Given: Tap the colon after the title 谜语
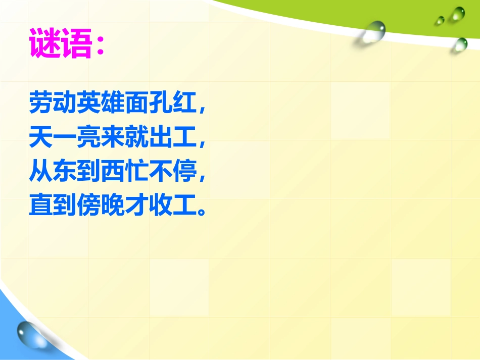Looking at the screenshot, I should (100, 44).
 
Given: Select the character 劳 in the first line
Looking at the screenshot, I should (40, 103).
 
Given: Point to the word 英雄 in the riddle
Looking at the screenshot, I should (101, 103).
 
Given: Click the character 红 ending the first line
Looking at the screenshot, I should (186, 103).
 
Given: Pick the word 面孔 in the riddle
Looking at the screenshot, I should (150, 103).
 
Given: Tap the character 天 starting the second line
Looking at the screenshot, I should (40, 138).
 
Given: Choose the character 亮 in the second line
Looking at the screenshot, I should (89, 138).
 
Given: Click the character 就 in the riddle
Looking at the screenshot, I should (137, 138).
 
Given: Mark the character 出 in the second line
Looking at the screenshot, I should (162, 138).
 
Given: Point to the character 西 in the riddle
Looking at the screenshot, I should (113, 172).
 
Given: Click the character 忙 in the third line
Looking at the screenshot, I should (137, 172).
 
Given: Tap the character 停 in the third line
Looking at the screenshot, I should (186, 172).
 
